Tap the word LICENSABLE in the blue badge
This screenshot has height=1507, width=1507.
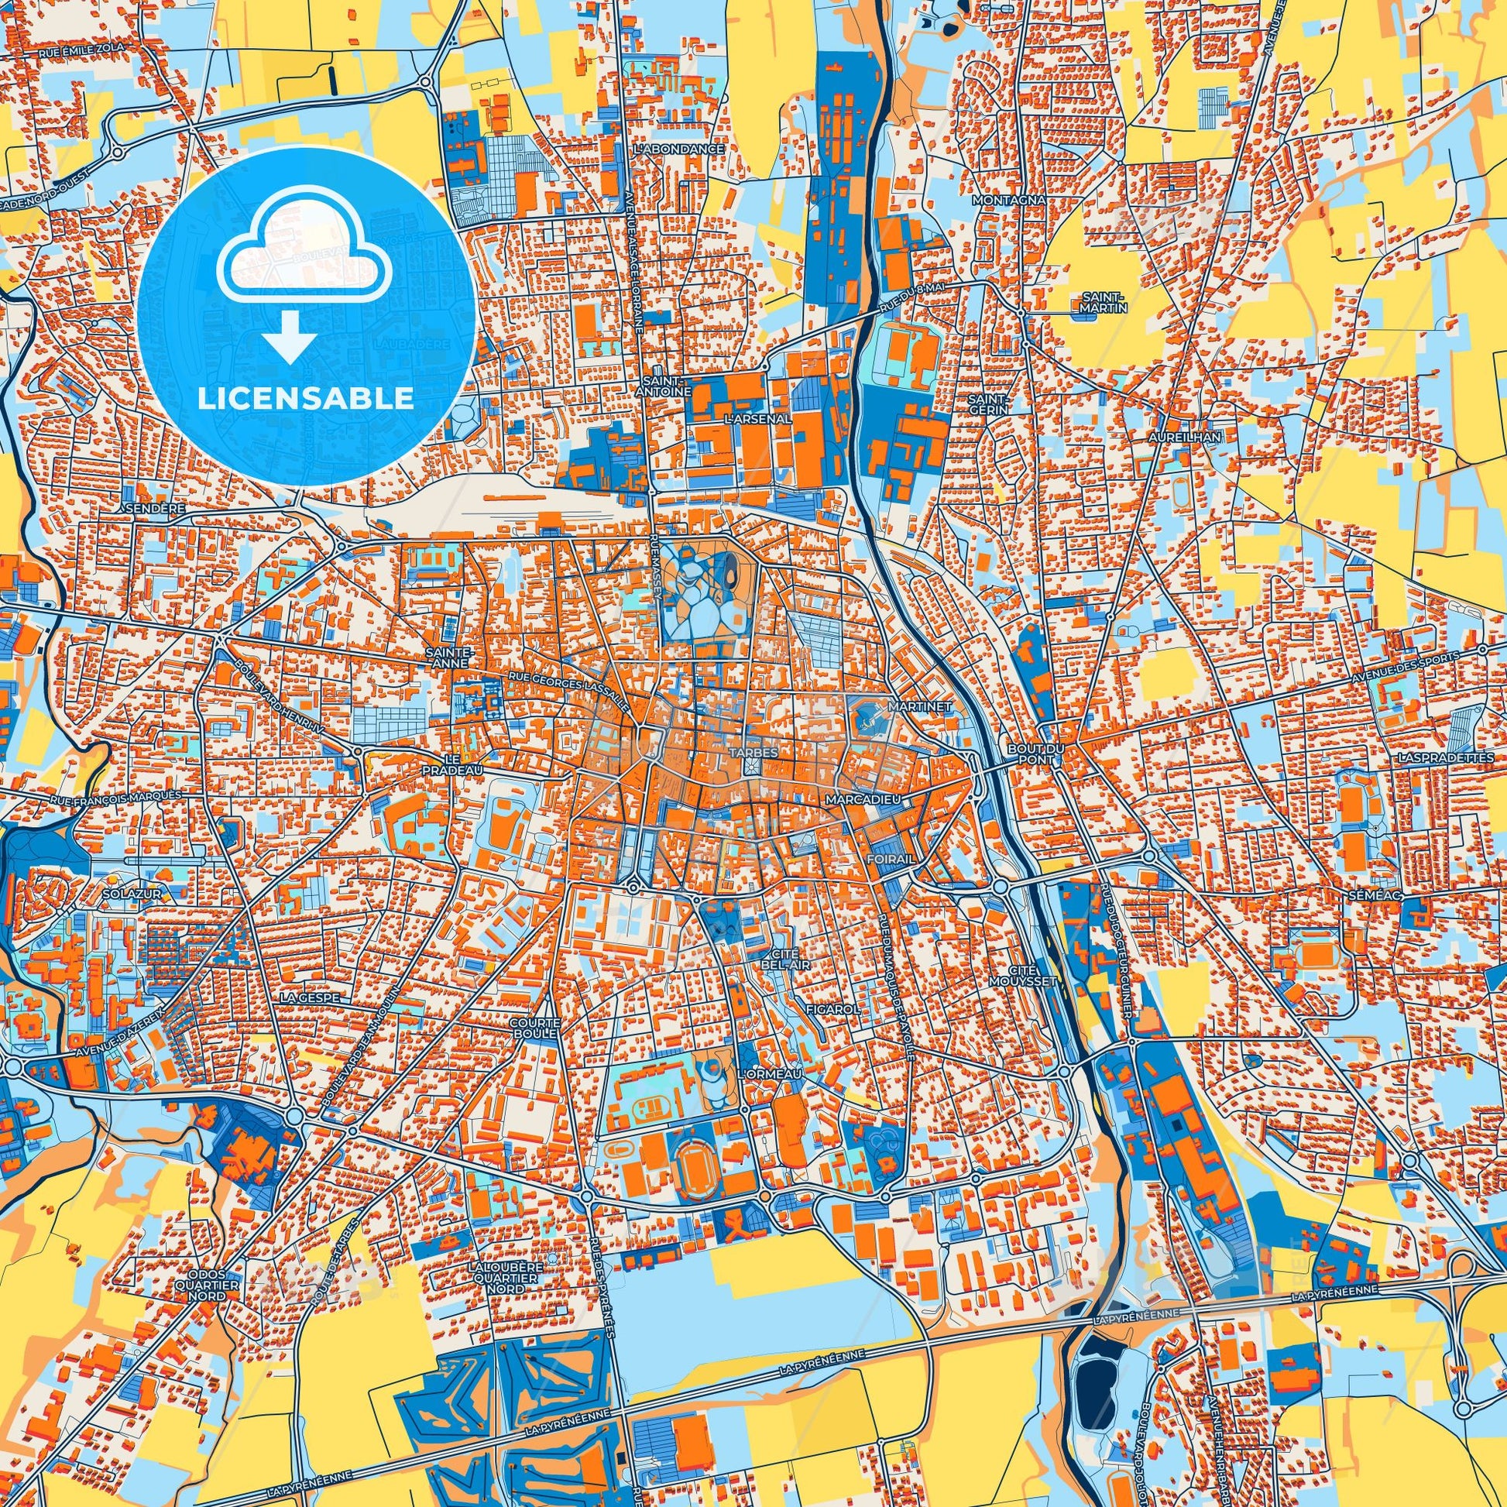pos(306,399)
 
